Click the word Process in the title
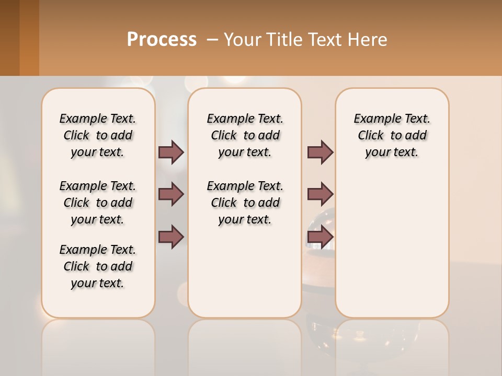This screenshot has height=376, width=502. tap(162, 39)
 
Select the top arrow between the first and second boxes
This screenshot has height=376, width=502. tap(171, 152)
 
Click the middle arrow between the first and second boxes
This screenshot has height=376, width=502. tap(171, 194)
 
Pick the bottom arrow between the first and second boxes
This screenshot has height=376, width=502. tap(171, 237)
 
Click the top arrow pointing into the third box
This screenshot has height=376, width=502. tap(320, 152)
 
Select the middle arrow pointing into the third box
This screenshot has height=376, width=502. tap(320, 194)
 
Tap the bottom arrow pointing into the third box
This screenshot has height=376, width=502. tap(320, 237)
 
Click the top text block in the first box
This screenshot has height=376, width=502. tap(98, 135)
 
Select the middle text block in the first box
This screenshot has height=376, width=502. tap(98, 203)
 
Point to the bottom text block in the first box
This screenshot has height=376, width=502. tap(98, 266)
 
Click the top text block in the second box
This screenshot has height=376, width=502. tap(245, 135)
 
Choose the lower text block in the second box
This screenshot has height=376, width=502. tap(245, 203)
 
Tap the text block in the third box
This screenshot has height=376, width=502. tap(392, 135)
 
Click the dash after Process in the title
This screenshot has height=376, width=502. tap(212, 39)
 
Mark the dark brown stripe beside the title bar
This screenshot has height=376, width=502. tap(9, 38)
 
